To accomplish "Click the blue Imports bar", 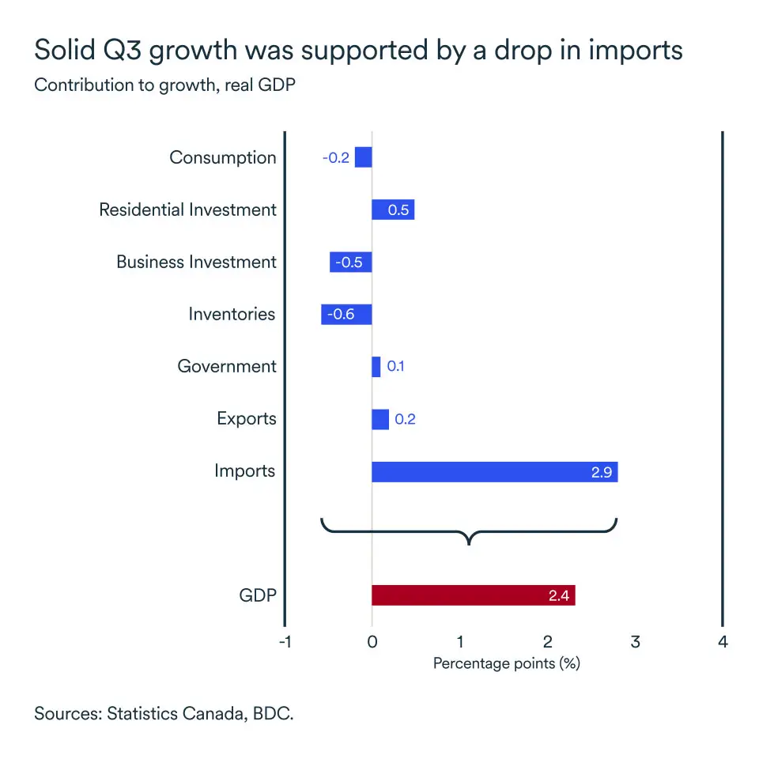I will point(494,472).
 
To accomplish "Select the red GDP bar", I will point(473,595).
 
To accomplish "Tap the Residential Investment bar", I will point(393,210).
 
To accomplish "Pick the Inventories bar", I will point(346,315).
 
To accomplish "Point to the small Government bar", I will point(376,367).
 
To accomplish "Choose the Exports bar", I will point(380,419).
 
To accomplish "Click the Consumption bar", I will point(363,157).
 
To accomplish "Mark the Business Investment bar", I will point(351,262).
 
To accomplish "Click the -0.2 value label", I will point(335,157).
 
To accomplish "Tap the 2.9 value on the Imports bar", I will point(602,472).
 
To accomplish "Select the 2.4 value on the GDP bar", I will point(559,595).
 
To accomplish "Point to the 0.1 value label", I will point(395,367).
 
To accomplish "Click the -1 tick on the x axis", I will point(285,641).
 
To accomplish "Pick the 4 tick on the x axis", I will point(723,641).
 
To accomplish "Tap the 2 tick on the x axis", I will point(547,641).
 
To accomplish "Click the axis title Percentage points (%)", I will point(507,663).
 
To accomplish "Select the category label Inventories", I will point(232,315).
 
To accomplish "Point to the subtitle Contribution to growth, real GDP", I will point(164,85).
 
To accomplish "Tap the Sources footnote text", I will point(164,714).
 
